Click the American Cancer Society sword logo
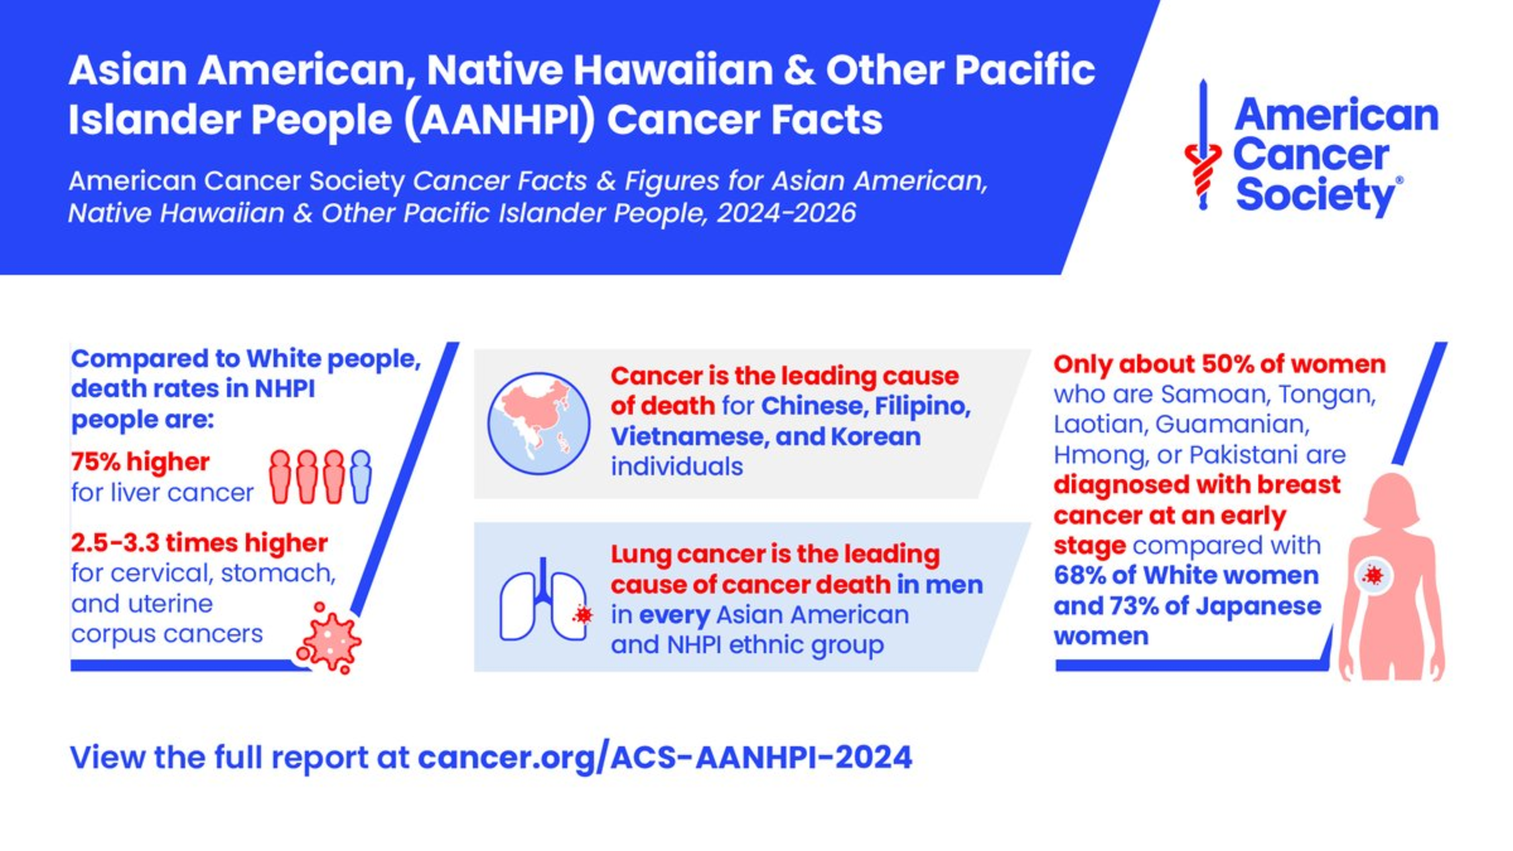[1203, 145]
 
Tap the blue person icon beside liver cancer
[361, 476]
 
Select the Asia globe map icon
[539, 424]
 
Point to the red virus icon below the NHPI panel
[329, 639]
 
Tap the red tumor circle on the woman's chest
[1374, 576]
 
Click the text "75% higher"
[140, 461]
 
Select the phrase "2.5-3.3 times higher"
[199, 543]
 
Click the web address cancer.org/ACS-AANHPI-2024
[665, 758]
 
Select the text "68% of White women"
[1186, 575]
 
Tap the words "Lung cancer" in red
[684, 555]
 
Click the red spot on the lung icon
[583, 615]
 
